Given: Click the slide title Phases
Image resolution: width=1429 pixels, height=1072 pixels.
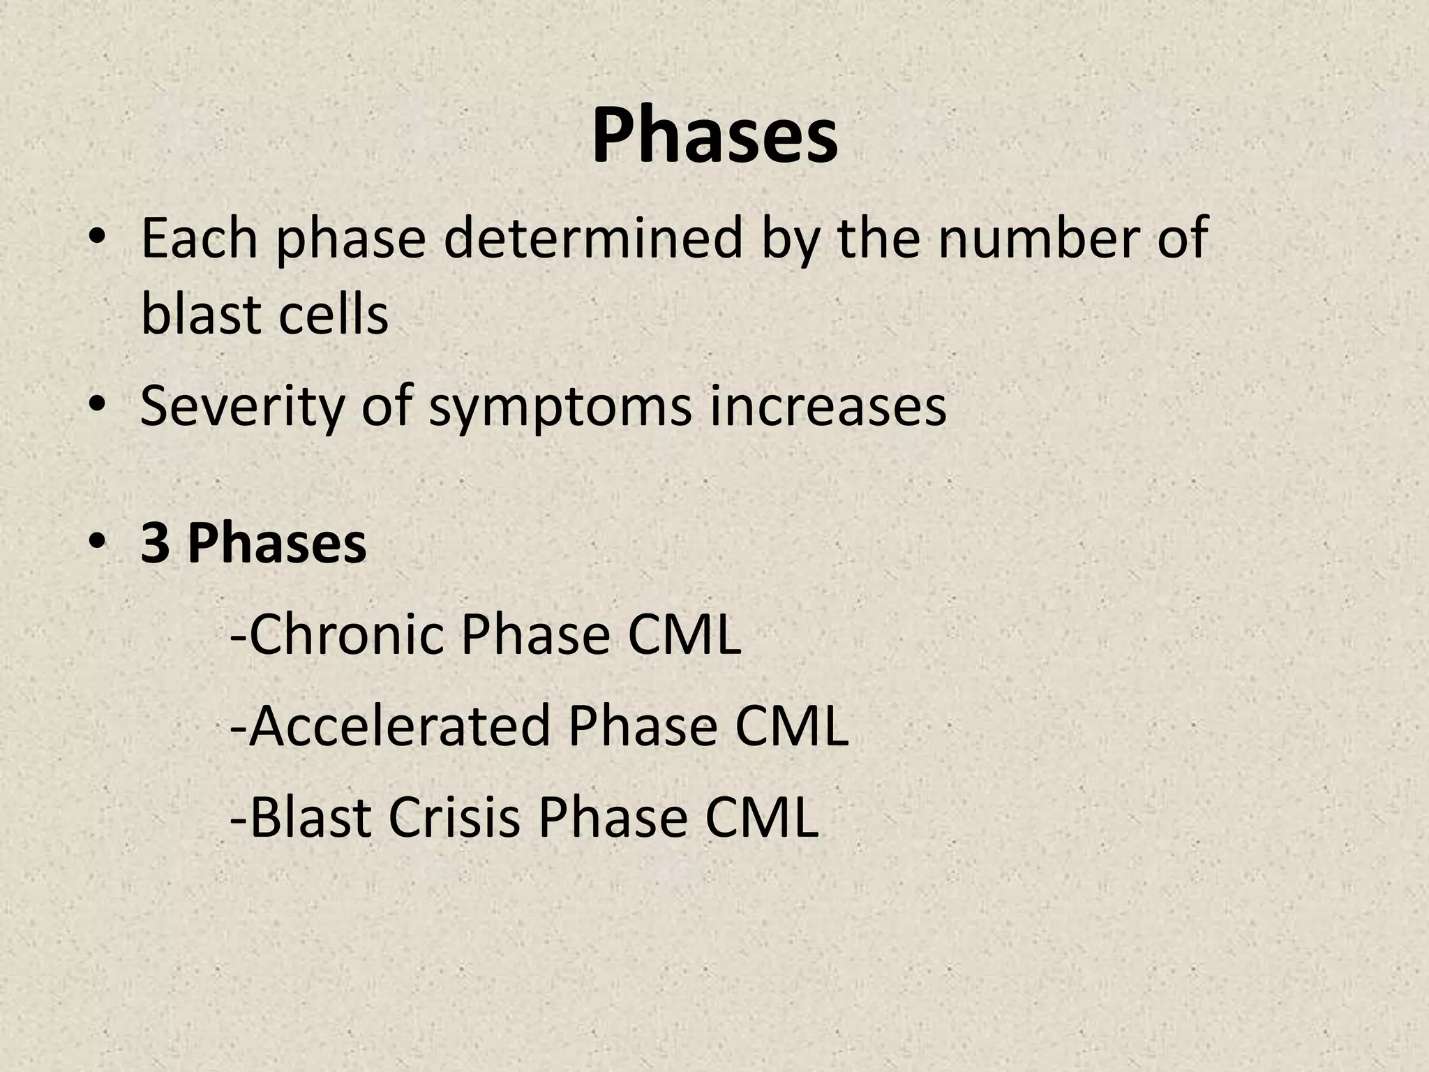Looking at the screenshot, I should pos(714,135).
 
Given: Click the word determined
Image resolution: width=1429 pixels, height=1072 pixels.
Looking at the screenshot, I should pos(592,239).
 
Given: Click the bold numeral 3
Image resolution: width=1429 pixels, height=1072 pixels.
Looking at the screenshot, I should pos(155,544).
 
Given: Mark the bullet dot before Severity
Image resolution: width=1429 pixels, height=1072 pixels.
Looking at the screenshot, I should pos(97,406).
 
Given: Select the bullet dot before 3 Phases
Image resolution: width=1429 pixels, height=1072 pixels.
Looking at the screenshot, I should pos(97,544).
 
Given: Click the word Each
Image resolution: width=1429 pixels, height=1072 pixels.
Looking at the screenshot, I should pos(199,239).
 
